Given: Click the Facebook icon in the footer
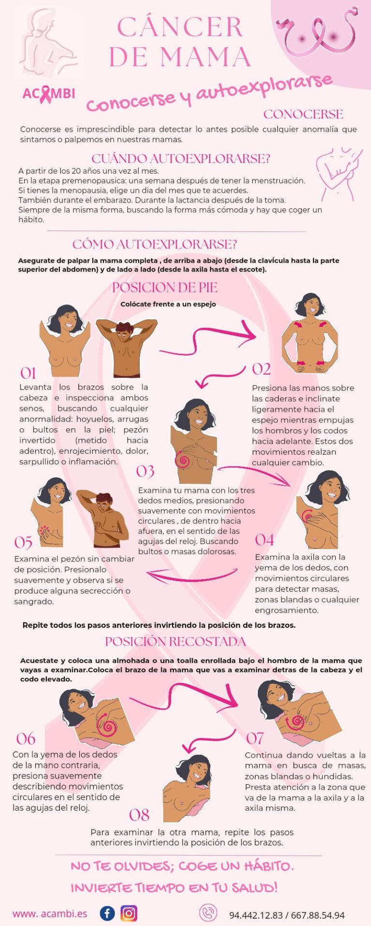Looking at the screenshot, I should [x=107, y=913].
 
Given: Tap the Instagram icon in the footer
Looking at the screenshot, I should [x=128, y=913].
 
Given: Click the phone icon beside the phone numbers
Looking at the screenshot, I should [x=208, y=912].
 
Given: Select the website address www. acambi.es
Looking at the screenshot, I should [x=50, y=913].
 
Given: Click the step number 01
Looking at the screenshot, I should [x=28, y=373].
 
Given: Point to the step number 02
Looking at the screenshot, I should [x=261, y=369].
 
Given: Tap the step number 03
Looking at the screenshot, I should [x=145, y=471].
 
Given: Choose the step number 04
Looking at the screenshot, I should [x=264, y=540].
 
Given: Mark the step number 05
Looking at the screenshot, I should [x=23, y=543].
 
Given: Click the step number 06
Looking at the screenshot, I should [x=26, y=738].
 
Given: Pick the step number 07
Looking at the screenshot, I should [x=255, y=738].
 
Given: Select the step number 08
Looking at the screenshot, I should [x=139, y=815].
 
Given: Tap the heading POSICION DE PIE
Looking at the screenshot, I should [x=165, y=287].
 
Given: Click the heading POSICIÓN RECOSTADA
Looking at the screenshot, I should [x=175, y=641].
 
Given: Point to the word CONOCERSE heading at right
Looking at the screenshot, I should [x=303, y=114].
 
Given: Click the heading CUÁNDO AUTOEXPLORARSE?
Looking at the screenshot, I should [x=181, y=158].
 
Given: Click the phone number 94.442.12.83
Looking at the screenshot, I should [x=256, y=915].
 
